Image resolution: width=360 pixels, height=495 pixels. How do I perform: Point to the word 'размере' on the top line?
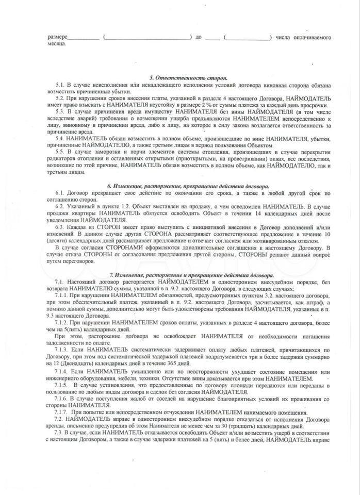[x=57, y=38]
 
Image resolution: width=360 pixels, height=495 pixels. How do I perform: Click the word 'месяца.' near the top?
[x=57, y=45]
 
